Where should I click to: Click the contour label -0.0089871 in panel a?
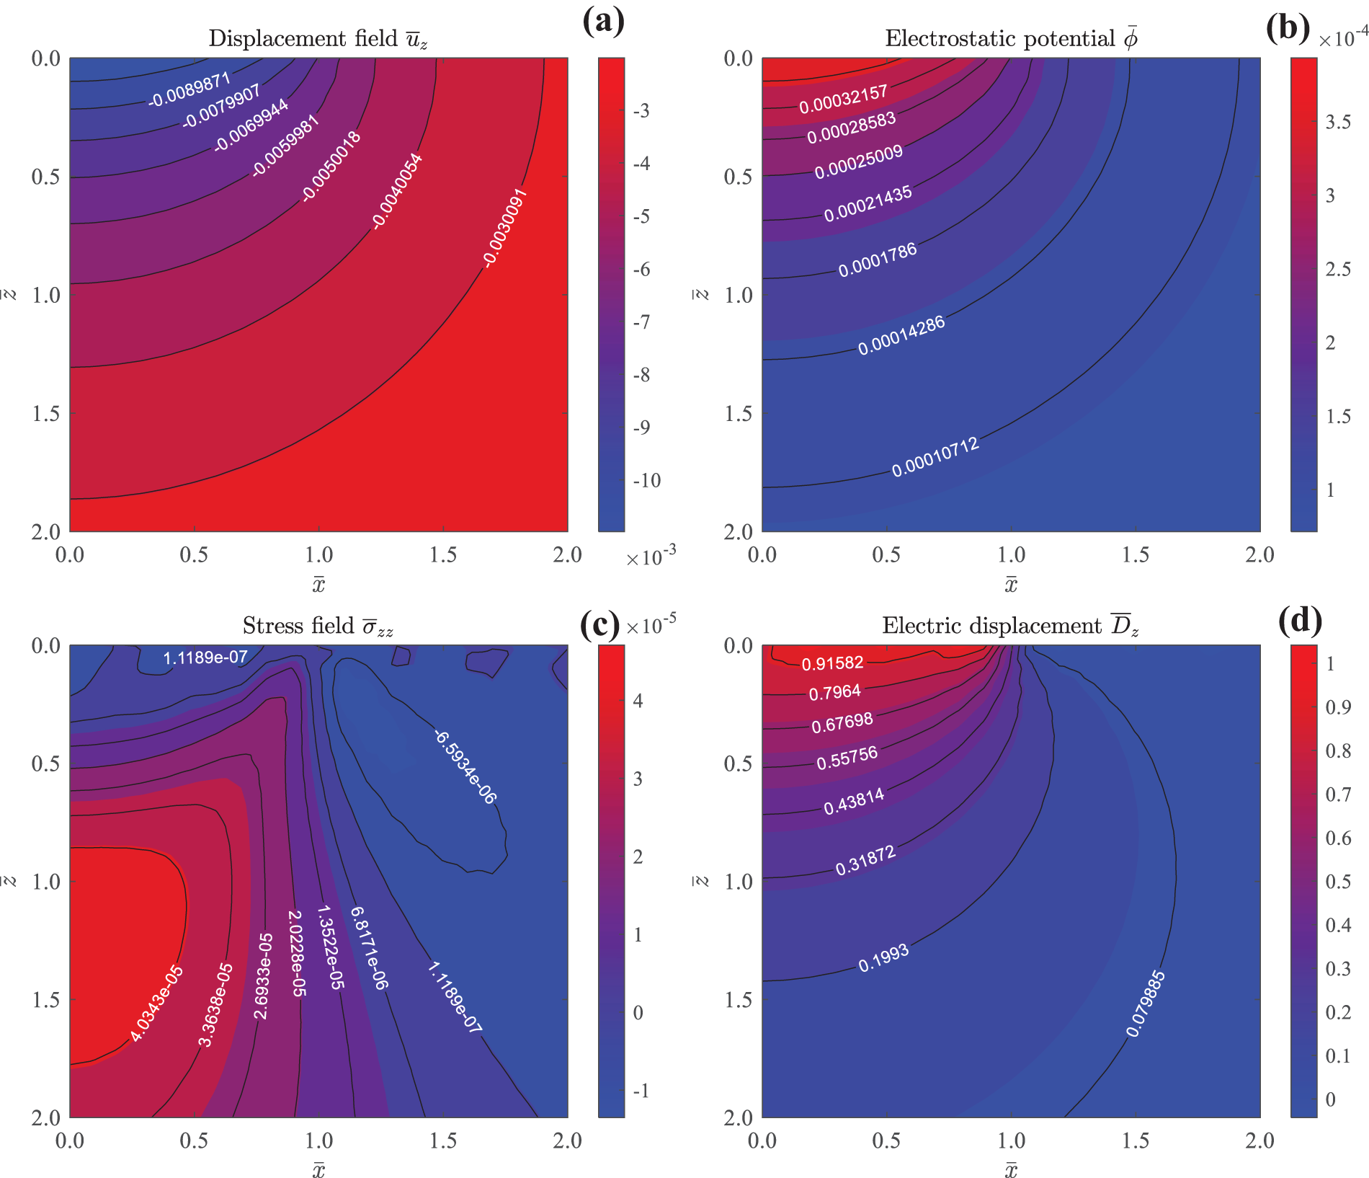coord(189,90)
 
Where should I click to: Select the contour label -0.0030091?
coord(505,228)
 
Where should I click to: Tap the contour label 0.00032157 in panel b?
coord(843,99)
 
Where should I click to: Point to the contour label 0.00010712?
coord(935,457)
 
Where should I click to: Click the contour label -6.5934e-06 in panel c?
coord(465,767)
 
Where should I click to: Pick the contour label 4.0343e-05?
coord(157,1004)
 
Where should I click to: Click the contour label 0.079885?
coord(1145,1004)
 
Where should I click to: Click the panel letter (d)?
coord(1300,621)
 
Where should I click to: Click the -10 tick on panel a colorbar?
coord(646,481)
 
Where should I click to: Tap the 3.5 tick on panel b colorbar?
coord(1338,122)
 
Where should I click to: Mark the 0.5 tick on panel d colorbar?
coord(1338,881)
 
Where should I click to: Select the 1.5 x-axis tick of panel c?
coord(443,1141)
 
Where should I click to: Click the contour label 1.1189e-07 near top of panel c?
coord(205,657)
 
